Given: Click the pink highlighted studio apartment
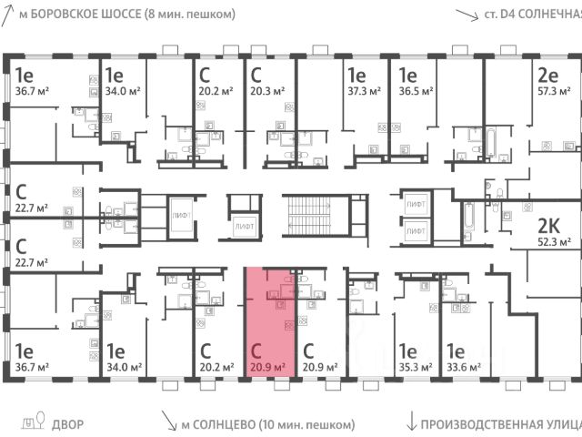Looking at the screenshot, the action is point(270,319).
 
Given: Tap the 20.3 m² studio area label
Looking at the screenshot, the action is point(267,90).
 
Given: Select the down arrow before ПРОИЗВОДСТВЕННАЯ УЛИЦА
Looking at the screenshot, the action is point(411,422).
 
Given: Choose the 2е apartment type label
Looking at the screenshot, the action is point(548,76).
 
